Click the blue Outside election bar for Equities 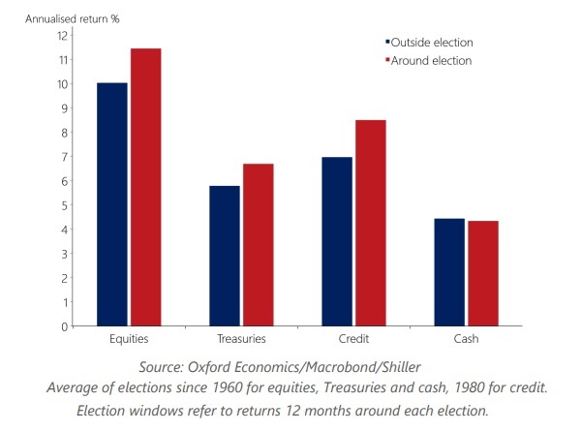112,205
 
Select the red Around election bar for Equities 146,188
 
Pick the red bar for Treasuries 259,246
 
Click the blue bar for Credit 337,242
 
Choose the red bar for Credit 371,224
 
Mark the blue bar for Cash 449,273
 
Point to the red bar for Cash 483,274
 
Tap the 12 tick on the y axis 62,36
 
